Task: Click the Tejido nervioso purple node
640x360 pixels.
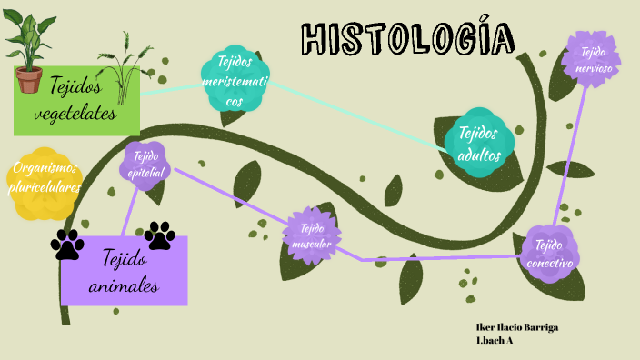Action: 592,60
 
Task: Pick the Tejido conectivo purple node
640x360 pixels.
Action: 550,253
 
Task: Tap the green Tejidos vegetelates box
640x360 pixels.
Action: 76,100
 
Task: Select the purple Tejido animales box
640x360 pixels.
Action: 125,271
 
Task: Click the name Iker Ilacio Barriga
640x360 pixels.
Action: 516,326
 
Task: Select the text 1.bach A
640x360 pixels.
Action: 495,340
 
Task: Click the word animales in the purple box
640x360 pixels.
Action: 125,286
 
